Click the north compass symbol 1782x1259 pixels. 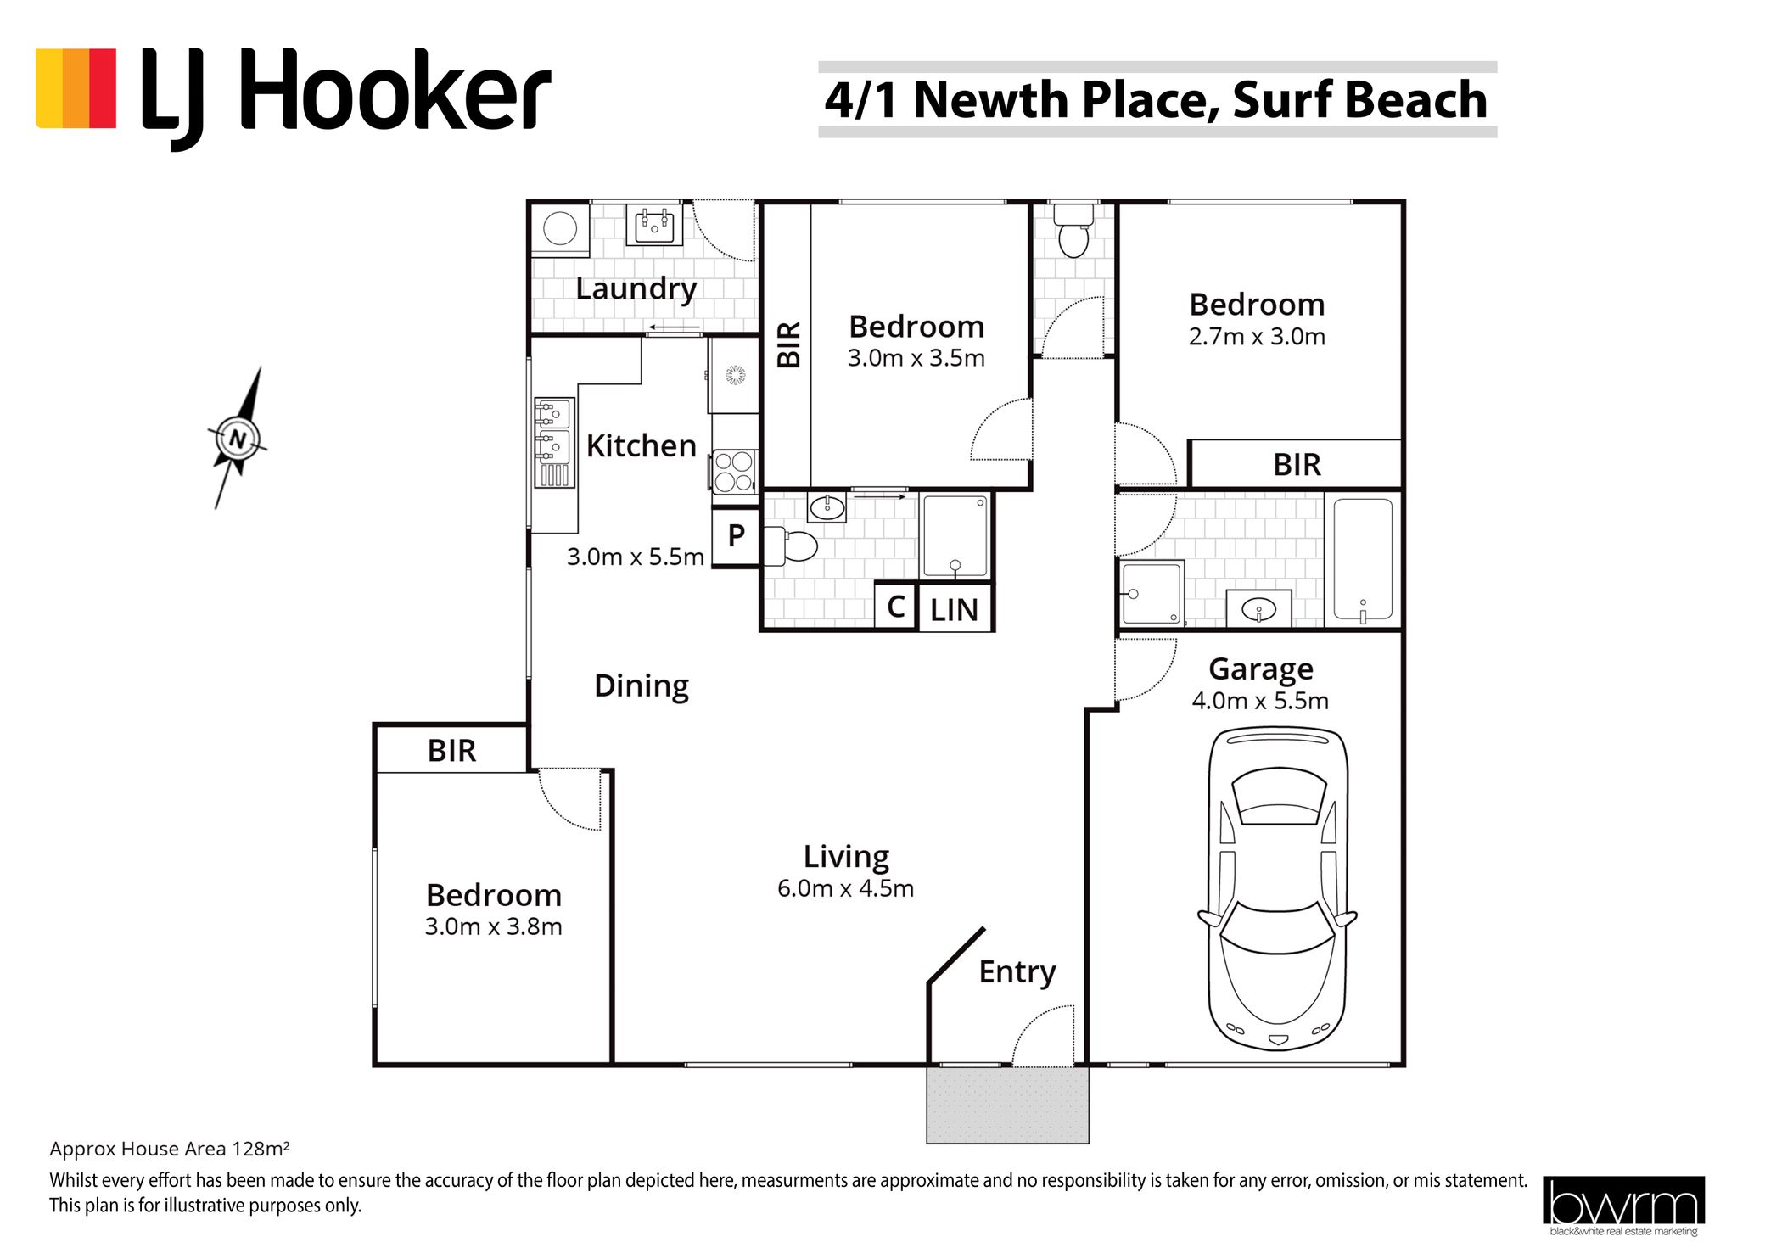pos(238,439)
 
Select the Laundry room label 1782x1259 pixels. pos(636,289)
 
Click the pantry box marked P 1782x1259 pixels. pos(735,536)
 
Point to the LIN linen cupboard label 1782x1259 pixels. pos(954,610)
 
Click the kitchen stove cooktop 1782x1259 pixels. pos(734,472)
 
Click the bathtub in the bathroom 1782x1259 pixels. pos(1363,560)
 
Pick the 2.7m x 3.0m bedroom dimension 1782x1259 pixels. pos(1257,337)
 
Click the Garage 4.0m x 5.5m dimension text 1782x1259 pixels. pos(1260,701)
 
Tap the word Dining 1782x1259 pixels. pos(642,685)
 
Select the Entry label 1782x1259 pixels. pos(1017,972)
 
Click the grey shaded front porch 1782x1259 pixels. pos(1007,1105)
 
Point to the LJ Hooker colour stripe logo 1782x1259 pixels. pos(76,88)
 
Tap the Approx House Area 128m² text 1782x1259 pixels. pos(170,1149)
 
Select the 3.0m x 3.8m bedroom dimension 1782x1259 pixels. pos(493,926)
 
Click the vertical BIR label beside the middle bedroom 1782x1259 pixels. pos(789,344)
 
